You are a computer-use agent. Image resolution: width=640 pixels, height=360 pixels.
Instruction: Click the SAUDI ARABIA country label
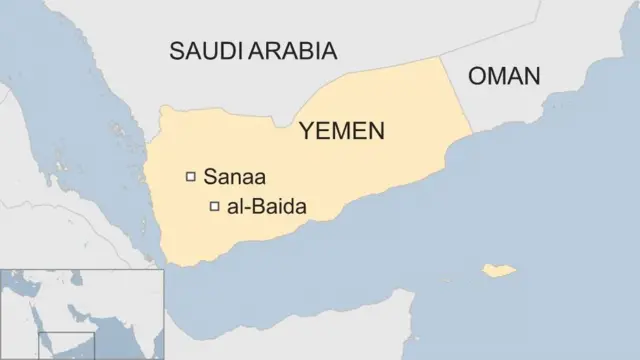pos(252,51)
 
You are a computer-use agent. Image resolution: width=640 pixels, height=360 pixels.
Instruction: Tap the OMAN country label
pos(504,76)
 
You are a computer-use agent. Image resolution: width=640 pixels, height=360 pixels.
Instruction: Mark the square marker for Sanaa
pos(190,177)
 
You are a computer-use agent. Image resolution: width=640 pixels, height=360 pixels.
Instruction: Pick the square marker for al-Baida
pos(214,207)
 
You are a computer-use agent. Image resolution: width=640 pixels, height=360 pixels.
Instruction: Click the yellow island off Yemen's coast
pos(499,270)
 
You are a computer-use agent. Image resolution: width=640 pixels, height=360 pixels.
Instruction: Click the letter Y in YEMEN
pos(305,131)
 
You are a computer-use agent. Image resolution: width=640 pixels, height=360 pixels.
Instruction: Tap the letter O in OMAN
pos(478,76)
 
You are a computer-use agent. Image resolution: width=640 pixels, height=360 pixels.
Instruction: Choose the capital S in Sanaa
pos(209,178)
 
